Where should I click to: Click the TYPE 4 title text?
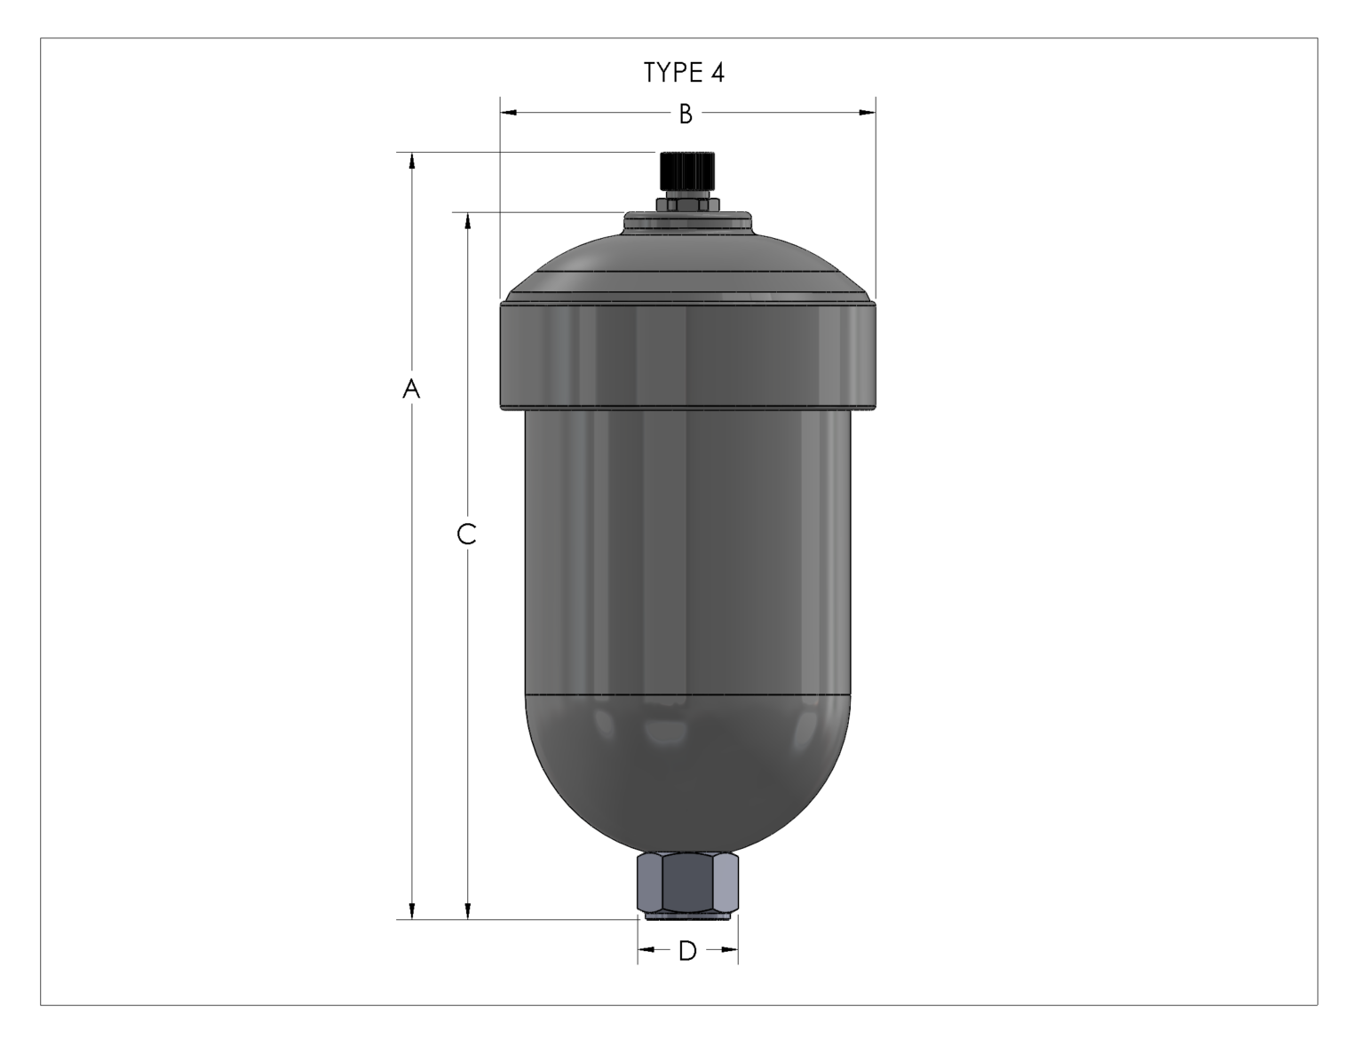pyautogui.click(x=684, y=73)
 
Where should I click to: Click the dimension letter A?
pyautogui.click(x=411, y=389)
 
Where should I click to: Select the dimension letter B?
pyautogui.click(x=686, y=114)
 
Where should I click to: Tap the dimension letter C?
pyautogui.click(x=466, y=535)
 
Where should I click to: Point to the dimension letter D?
pyautogui.click(x=687, y=951)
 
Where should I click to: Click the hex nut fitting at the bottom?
pyautogui.click(x=687, y=884)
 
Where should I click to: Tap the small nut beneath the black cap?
pyautogui.click(x=687, y=203)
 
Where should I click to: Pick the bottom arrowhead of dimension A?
pyautogui.click(x=411, y=911)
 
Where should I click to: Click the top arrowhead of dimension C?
pyautogui.click(x=467, y=221)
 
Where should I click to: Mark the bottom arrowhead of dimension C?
pyautogui.click(x=467, y=911)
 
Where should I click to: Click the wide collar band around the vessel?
pyautogui.click(x=687, y=355)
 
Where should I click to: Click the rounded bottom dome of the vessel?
pyautogui.click(x=687, y=773)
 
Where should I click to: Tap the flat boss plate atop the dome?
pyautogui.click(x=687, y=220)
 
